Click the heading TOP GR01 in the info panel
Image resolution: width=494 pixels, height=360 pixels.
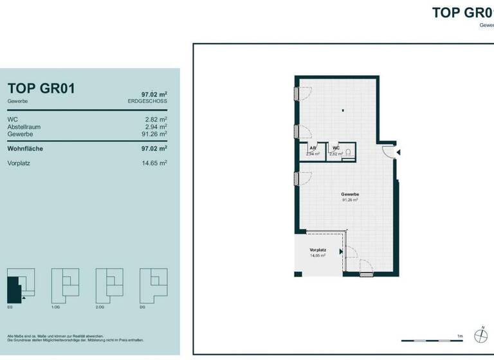(41, 89)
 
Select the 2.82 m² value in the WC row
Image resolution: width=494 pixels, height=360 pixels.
(156, 120)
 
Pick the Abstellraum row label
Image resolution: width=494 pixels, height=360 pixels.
(24, 127)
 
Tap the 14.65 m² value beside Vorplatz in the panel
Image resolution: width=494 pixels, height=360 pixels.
(155, 163)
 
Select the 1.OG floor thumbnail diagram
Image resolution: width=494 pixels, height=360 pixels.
(65, 283)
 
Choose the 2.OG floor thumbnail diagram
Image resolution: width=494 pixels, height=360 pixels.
(109, 283)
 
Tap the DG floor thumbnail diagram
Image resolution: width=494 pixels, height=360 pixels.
(153, 283)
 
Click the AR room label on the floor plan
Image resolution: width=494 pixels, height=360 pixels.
(313, 148)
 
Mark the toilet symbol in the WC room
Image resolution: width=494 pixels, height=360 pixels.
(347, 152)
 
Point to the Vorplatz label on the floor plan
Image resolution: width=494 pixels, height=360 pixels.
(317, 250)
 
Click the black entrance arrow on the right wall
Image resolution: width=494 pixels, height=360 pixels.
(399, 152)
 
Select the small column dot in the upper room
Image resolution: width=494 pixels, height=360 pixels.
(343, 109)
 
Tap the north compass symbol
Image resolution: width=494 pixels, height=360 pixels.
(480, 334)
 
